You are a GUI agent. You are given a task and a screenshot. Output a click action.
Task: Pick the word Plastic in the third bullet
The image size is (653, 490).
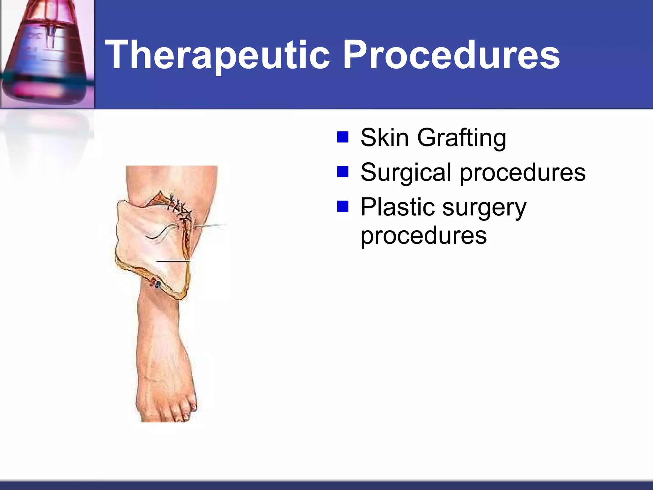pos(397,207)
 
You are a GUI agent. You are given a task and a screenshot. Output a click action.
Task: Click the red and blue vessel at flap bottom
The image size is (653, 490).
pos(156,283)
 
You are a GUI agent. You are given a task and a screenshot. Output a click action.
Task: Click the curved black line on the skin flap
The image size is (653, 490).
pos(161,231)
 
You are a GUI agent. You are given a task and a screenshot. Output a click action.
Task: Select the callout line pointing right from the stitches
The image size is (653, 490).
pos(210,226)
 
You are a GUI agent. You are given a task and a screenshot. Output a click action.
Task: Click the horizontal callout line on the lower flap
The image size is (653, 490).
pos(172,261)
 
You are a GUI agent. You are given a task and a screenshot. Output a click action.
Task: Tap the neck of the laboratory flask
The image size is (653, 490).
pos(48,13)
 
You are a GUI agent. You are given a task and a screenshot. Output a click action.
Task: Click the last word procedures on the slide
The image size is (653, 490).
pos(423,236)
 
